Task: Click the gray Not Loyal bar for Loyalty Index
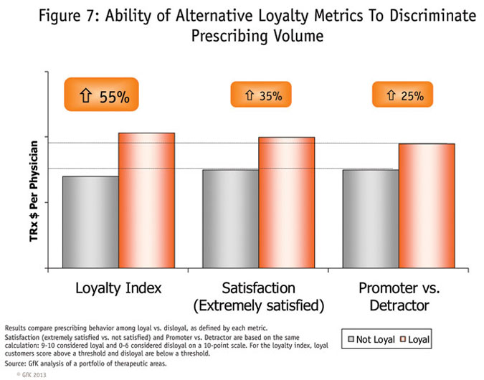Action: tap(90, 222)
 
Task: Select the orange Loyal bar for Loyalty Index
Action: tap(146, 200)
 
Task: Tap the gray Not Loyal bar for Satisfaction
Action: tap(230, 219)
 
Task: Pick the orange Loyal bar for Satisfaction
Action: tap(286, 202)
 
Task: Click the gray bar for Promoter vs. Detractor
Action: tap(371, 219)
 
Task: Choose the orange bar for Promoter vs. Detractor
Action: tap(427, 206)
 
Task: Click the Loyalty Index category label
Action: tap(118, 288)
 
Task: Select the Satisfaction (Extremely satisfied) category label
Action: tap(258, 298)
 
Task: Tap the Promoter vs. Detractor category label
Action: tap(399, 298)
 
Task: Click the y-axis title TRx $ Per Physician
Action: tap(33, 195)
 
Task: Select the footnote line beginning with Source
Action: tap(86, 363)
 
